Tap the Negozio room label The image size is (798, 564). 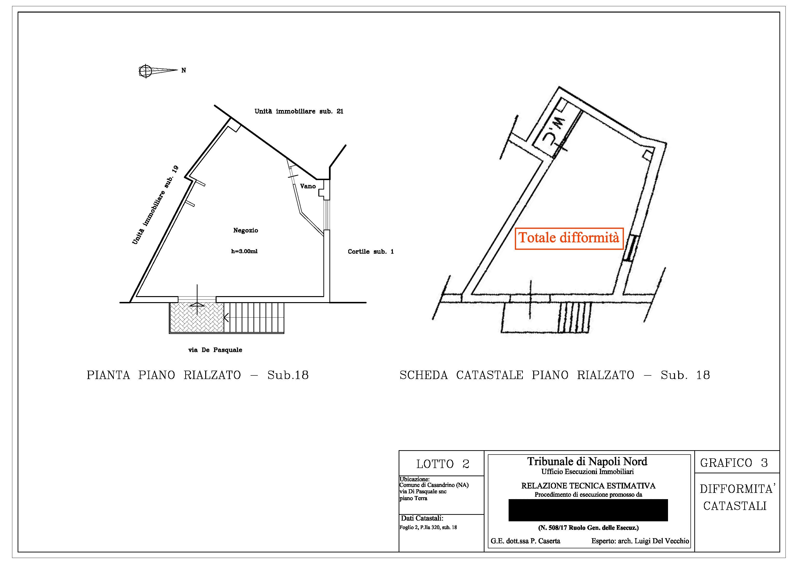[245, 230]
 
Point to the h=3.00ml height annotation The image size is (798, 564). [244, 251]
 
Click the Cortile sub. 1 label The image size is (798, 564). [370, 251]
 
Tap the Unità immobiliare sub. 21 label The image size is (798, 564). [299, 111]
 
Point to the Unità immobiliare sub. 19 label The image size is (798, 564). [155, 205]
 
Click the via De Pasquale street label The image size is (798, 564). [215, 350]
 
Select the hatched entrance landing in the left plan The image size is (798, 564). [196, 317]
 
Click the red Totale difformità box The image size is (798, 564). [569, 238]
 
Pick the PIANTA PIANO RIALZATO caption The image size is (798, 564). [198, 375]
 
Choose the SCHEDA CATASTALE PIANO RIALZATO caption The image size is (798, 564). [554, 375]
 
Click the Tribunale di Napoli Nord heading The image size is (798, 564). [587, 462]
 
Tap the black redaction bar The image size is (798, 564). [588, 510]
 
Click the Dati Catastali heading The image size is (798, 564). [422, 518]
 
